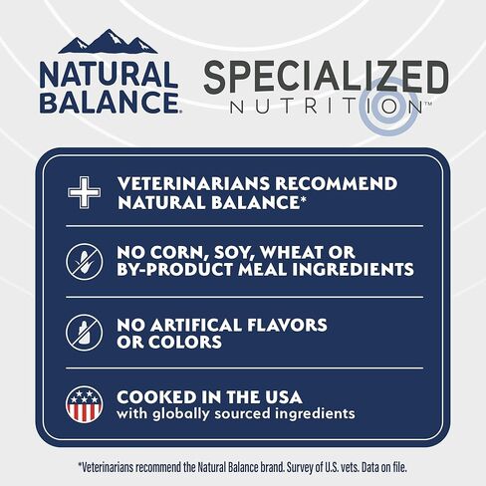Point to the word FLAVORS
point(289,325)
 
